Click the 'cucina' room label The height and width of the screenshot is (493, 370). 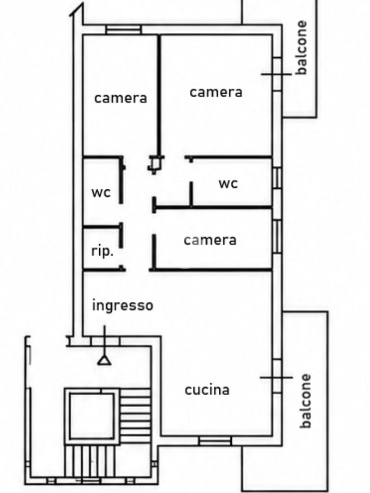207,390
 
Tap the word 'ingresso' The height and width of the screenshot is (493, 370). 123,305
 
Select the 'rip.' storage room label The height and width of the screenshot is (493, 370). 102,251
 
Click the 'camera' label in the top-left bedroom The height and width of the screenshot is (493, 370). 120,98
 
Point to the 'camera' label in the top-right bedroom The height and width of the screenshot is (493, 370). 216,92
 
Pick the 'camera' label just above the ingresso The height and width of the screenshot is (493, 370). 210,240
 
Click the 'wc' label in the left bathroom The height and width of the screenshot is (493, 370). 101,193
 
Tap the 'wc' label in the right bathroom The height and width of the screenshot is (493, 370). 228,183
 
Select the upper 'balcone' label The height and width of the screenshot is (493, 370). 302,48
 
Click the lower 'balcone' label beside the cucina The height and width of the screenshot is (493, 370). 305,401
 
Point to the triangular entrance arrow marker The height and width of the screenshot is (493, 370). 104,360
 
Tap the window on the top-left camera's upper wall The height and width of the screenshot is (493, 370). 124,29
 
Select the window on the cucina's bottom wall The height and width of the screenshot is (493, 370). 215,441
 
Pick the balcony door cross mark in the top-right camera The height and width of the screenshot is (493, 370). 277,75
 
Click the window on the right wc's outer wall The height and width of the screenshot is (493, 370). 277,178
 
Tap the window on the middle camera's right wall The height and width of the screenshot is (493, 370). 277,237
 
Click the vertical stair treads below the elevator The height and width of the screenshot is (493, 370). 91,461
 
